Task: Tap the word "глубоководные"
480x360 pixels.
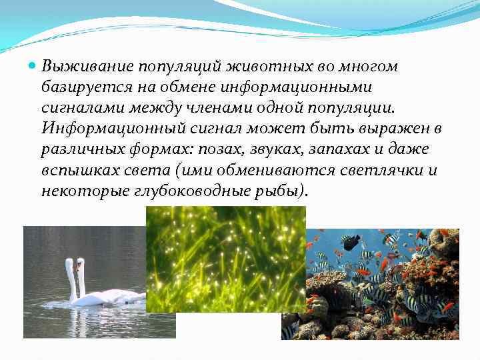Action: (194, 191)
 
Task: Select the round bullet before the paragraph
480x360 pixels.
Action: (33, 67)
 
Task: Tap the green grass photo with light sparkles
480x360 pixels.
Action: (225, 259)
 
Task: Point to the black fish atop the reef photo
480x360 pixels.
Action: (351, 241)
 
